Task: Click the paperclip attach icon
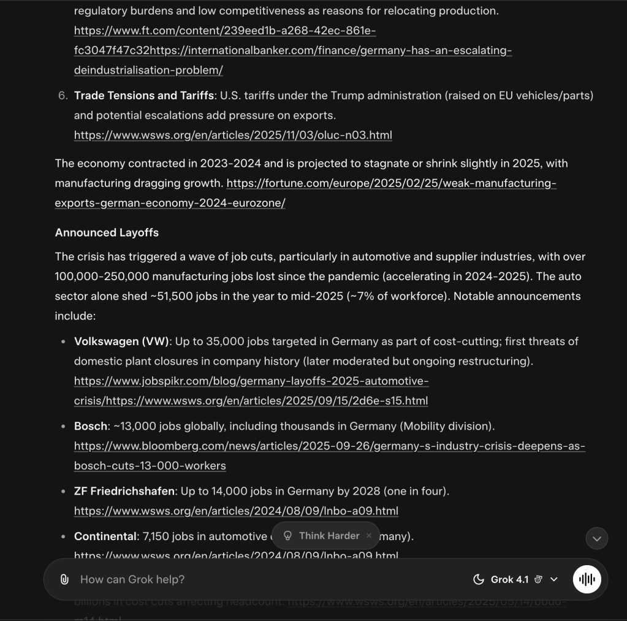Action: pos(64,579)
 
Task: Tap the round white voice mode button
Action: pos(587,579)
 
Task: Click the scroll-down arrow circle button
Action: pos(596,538)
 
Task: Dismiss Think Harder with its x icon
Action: pos(368,536)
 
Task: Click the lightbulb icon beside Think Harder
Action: pos(287,536)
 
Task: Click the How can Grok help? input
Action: pos(245,579)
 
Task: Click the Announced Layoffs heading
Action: pos(107,233)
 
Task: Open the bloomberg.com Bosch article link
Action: pos(329,446)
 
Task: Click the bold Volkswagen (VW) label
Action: pos(121,341)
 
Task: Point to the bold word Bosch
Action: pos(91,426)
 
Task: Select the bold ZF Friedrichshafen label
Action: pos(124,491)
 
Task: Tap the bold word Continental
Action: pos(105,536)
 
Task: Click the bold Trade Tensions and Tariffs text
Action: pos(144,96)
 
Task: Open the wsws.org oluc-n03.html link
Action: pos(233,135)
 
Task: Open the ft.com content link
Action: pos(225,31)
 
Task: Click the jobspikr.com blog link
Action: pos(251,381)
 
